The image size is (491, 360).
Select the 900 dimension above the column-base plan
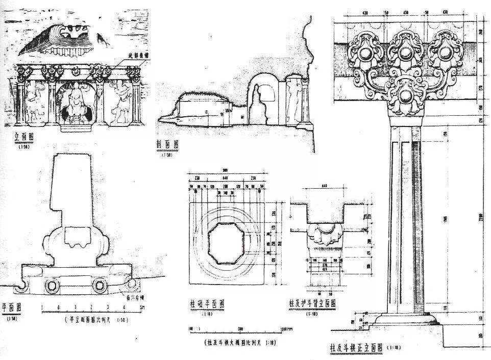pyautogui.click(x=225, y=170)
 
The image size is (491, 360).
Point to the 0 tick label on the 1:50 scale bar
pyautogui.click(x=58, y=307)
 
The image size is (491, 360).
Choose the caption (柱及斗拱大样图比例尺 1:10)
pyautogui.click(x=240, y=342)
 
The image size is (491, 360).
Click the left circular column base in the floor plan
pyautogui.click(x=52, y=286)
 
